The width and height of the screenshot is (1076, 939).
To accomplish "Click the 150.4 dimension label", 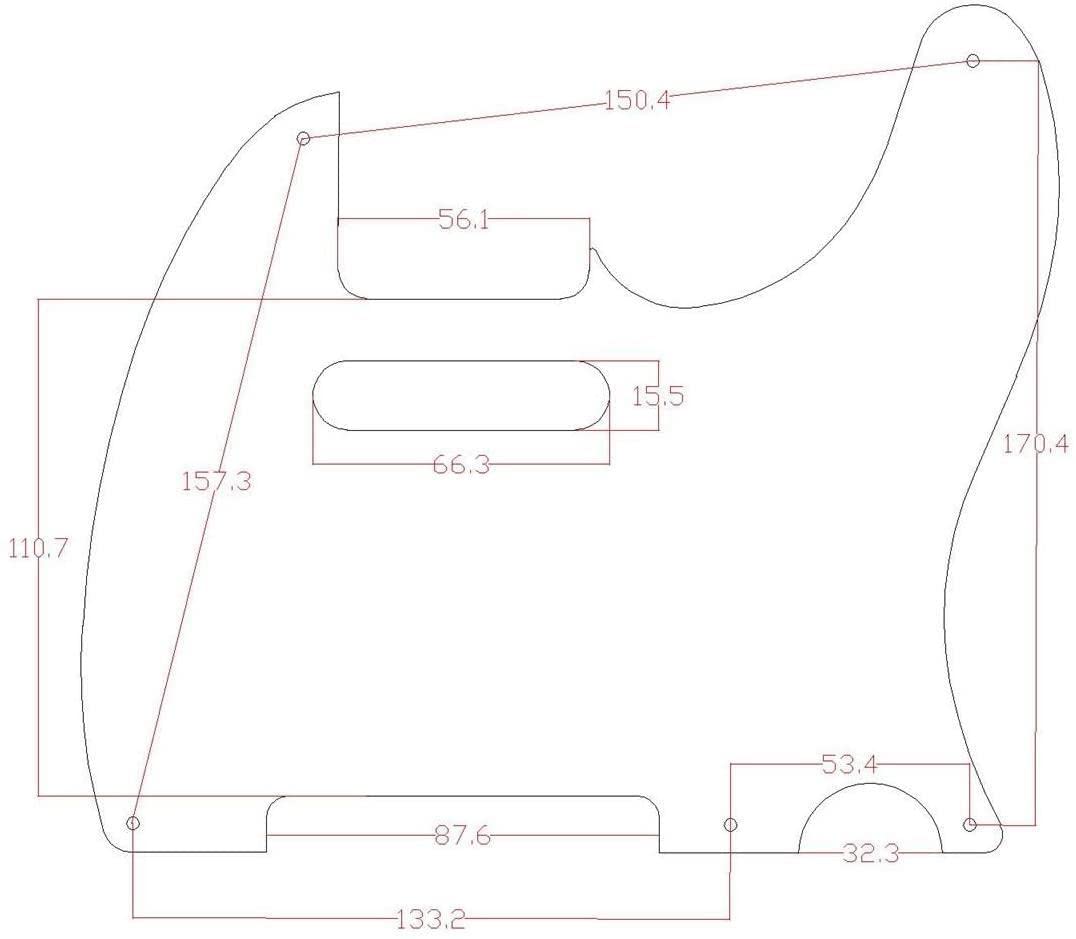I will click(x=636, y=100).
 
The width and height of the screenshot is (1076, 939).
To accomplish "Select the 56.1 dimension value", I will click(x=464, y=221).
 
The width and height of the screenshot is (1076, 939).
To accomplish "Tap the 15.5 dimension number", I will click(x=657, y=396).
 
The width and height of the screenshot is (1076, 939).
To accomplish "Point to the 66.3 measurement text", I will click(x=461, y=464).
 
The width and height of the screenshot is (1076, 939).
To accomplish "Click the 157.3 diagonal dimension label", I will click(x=216, y=481).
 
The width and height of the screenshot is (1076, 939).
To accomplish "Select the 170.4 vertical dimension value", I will click(x=1036, y=443).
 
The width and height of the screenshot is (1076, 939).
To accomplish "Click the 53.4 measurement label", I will click(x=850, y=765).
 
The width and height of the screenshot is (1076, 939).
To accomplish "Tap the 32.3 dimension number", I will click(x=871, y=854).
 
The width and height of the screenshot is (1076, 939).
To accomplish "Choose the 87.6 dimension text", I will click(x=461, y=836).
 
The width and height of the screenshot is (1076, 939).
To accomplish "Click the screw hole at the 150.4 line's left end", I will click(x=304, y=138).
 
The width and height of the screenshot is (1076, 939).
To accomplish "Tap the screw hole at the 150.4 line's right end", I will click(x=973, y=61).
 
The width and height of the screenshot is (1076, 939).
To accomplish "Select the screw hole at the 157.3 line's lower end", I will click(x=133, y=823).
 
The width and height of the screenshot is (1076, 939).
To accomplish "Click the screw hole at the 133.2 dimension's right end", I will click(x=731, y=824).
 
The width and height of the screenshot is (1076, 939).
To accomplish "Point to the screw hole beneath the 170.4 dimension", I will click(x=969, y=824).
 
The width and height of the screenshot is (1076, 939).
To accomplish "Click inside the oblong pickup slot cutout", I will click(x=461, y=396).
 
